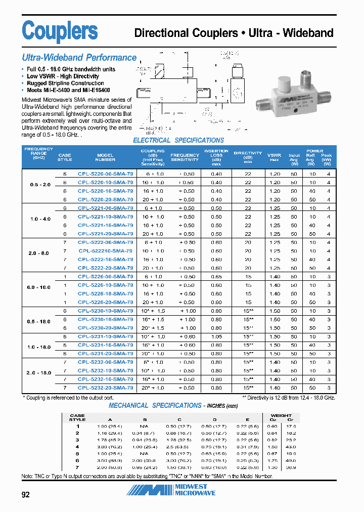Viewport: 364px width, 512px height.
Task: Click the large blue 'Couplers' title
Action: click(60, 31)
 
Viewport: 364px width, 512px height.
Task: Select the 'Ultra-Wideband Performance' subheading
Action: click(79, 58)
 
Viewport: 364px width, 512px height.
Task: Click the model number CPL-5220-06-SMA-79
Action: click(106, 174)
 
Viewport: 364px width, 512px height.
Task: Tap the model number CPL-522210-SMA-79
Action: click(106, 251)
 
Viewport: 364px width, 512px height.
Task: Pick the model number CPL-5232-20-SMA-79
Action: click(106, 388)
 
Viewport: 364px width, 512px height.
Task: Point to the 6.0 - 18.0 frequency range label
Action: click(39, 287)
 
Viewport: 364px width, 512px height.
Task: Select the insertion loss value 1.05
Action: click(216, 336)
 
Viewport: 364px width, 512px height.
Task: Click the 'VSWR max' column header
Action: click(275, 157)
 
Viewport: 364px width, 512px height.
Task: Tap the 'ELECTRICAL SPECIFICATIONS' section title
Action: click(178, 141)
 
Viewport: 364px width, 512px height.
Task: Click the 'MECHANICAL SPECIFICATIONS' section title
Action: click(155, 405)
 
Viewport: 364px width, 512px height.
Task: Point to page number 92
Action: click(26, 495)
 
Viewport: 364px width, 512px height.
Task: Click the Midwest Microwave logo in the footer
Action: click(171, 490)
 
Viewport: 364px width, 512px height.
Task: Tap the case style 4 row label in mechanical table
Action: click(78, 447)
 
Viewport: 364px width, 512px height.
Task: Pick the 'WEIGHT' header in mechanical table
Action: click(281, 415)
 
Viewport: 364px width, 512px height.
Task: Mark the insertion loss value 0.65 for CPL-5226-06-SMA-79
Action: click(216, 277)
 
